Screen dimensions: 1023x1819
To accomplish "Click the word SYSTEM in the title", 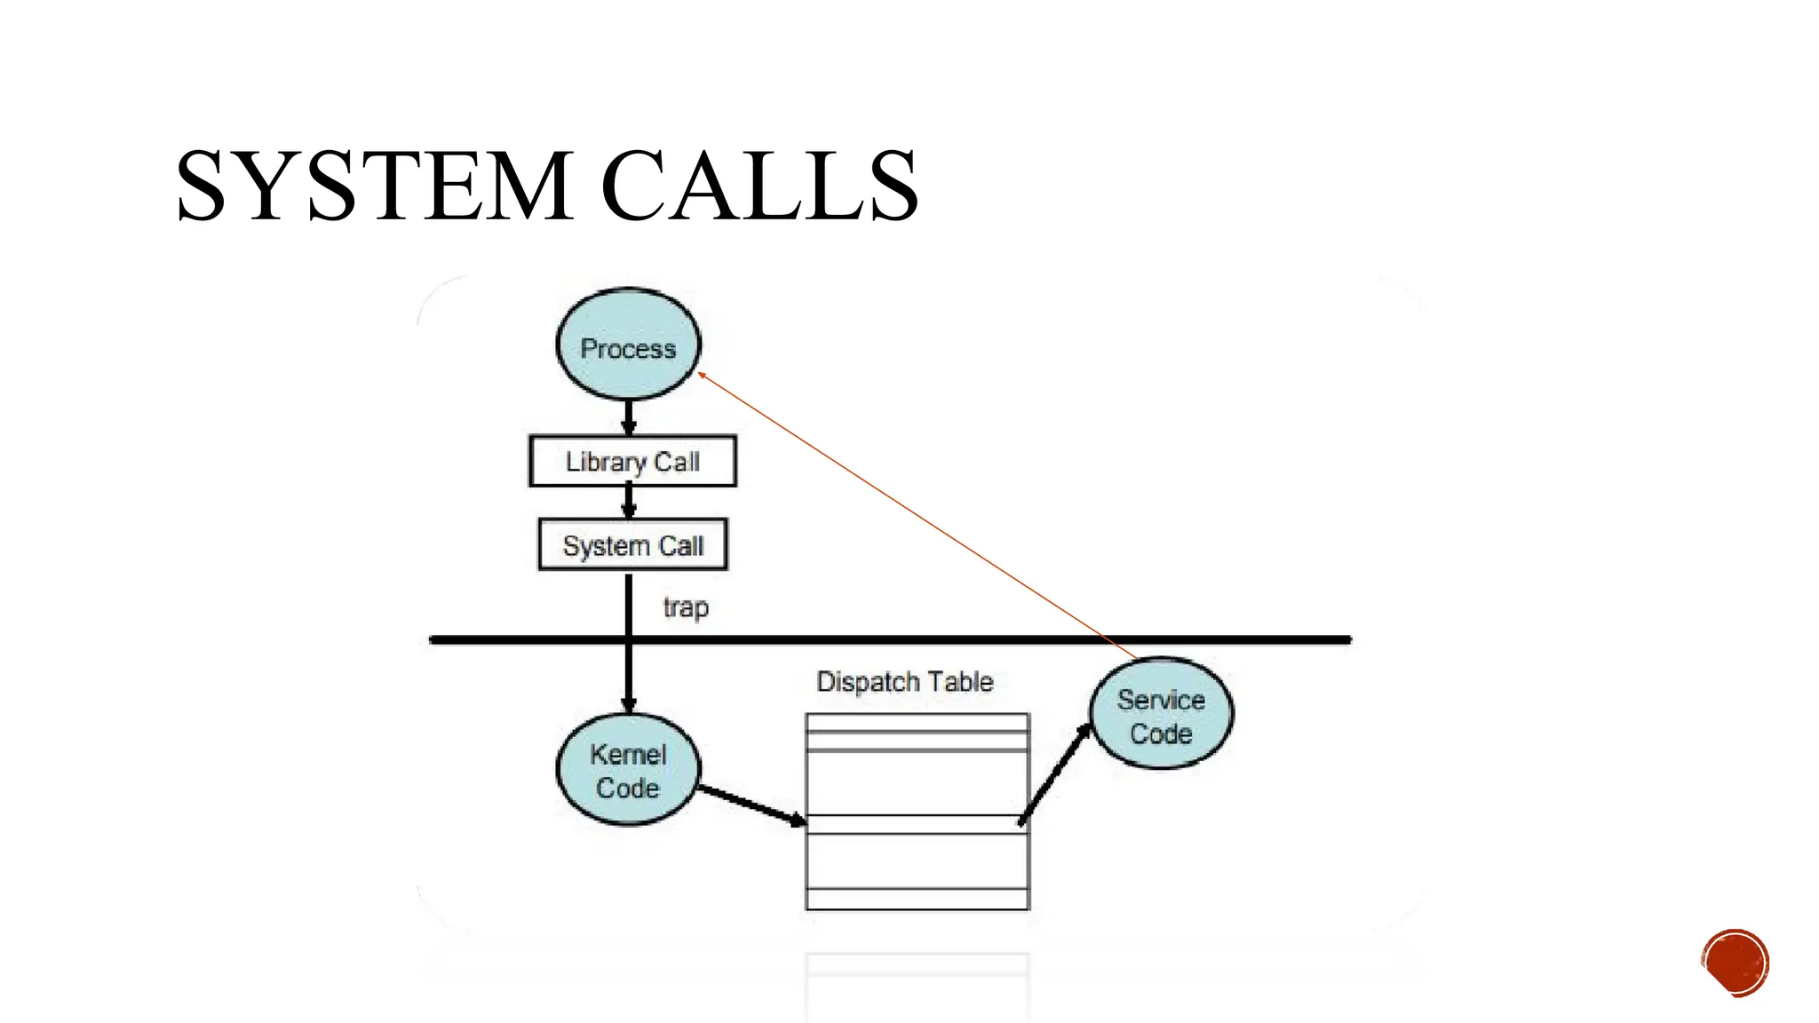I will pos(374,186).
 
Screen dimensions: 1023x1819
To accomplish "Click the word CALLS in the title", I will pos(759,186).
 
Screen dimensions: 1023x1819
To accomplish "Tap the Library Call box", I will pos(632,461).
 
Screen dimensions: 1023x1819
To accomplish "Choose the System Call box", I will pos(632,544).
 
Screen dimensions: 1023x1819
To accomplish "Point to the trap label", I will pos(686,608).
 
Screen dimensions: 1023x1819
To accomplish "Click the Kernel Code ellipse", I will pos(628,770).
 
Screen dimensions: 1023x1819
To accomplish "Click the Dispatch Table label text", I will pos(904,682).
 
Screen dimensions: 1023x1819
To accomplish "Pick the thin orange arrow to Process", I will pos(915,515).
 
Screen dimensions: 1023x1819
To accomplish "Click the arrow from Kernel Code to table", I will pos(751,804).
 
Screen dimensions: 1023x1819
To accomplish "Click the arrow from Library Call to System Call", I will pos(629,502).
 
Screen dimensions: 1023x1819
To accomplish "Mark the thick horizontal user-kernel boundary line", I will pos(888,639).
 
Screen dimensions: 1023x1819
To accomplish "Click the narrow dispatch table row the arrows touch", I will pos(917,824).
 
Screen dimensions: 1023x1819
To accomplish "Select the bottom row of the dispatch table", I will pos(917,899).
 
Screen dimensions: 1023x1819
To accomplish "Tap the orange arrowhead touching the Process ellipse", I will pos(702,377).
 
